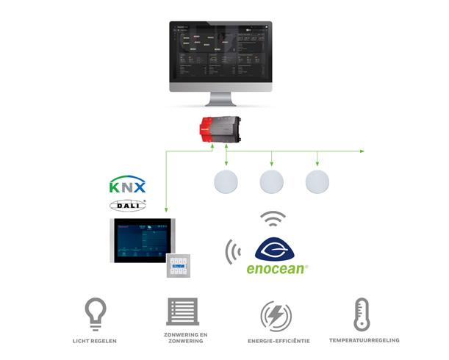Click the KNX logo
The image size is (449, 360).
point(127,185)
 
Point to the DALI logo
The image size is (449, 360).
point(127,205)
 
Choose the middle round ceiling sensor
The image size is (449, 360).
point(272,181)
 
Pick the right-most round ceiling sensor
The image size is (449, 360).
point(317,181)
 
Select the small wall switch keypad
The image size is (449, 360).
point(178,265)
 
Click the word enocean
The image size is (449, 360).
point(276,269)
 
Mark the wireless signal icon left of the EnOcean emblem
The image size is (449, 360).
point(233,251)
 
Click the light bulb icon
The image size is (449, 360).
point(96,313)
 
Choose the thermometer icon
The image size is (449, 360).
point(361,314)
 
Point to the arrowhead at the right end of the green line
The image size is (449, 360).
point(362,151)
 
